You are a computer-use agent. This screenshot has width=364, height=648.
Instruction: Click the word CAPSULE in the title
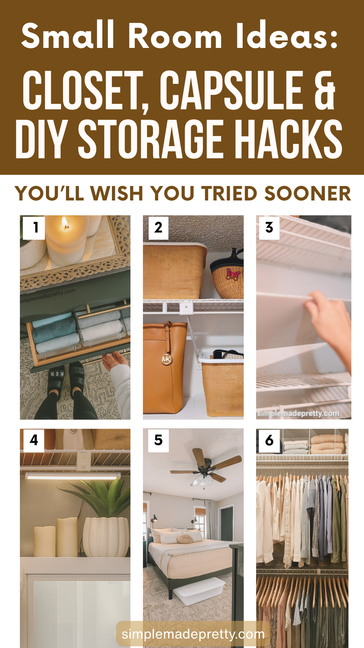pyautogui.click(x=232, y=90)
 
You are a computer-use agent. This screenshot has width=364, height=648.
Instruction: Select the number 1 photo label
pyautogui.click(x=34, y=228)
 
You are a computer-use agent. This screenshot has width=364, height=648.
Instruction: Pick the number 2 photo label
pyautogui.click(x=158, y=228)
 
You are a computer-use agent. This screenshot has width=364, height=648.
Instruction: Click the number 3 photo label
pyautogui.click(x=269, y=228)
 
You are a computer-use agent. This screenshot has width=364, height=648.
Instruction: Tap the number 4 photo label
pyautogui.click(x=34, y=440)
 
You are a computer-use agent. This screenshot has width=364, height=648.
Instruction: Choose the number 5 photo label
pyautogui.click(x=158, y=440)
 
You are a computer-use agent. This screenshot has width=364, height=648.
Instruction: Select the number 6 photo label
pyautogui.click(x=269, y=440)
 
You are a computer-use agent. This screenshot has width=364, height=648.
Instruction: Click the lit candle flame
pyautogui.click(x=65, y=223)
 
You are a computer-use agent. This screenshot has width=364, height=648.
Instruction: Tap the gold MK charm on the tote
pyautogui.click(x=166, y=359)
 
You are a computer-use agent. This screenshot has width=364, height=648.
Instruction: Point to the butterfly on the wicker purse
pyautogui.click(x=233, y=273)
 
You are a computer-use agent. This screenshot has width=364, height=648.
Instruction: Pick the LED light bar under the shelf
pyautogui.click(x=73, y=476)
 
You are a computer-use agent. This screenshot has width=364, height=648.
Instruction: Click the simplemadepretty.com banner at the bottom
pyautogui.click(x=193, y=634)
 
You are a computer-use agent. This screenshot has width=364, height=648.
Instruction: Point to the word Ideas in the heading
pyautogui.click(x=287, y=36)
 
